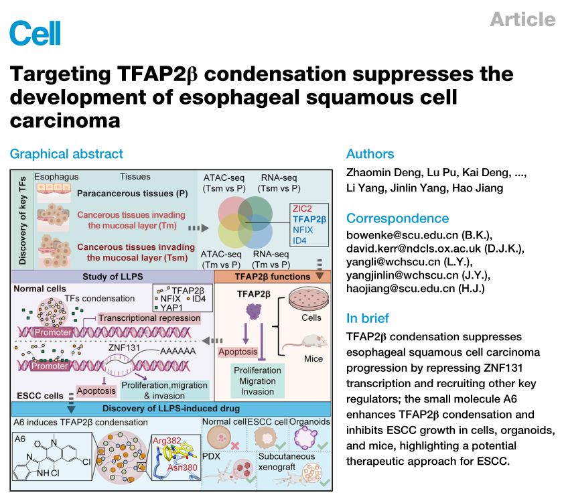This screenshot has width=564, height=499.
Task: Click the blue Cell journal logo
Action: pyautogui.click(x=36, y=33)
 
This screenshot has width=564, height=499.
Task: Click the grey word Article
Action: pyautogui.click(x=522, y=19)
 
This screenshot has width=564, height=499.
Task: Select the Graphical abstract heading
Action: pyautogui.click(x=66, y=154)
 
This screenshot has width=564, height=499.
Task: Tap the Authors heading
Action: pyautogui.click(x=370, y=154)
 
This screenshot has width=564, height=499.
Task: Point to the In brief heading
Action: pyautogui.click(x=368, y=317)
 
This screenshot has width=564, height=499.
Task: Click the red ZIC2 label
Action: pyautogui.click(x=303, y=208)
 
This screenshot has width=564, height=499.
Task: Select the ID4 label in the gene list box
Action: pyautogui.click(x=299, y=240)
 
